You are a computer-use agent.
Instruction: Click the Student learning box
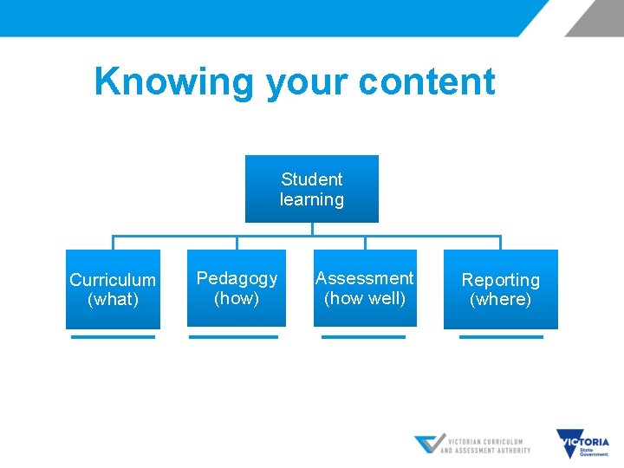tap(312, 189)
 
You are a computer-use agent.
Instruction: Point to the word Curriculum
tap(113, 280)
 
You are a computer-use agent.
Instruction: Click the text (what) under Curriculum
tap(113, 300)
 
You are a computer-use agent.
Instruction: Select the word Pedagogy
tap(237, 278)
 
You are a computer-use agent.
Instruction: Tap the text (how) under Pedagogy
tap(237, 298)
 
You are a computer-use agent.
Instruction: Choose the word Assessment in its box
tap(364, 278)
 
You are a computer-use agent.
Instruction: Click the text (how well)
tap(364, 298)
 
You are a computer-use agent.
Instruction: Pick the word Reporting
tap(500, 280)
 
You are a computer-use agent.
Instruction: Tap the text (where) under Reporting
tap(500, 300)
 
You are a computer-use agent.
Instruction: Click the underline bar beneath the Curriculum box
tap(113, 336)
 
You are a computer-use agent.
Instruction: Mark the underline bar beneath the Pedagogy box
tap(234, 336)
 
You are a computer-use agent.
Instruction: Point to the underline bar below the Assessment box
tap(363, 336)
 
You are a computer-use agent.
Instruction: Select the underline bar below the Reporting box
tap(501, 336)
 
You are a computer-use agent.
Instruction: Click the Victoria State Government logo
tap(582, 445)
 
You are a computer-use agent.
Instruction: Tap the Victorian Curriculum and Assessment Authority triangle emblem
tap(429, 445)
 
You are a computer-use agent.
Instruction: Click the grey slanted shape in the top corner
tap(595, 17)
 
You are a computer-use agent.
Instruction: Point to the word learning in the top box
tap(312, 199)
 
